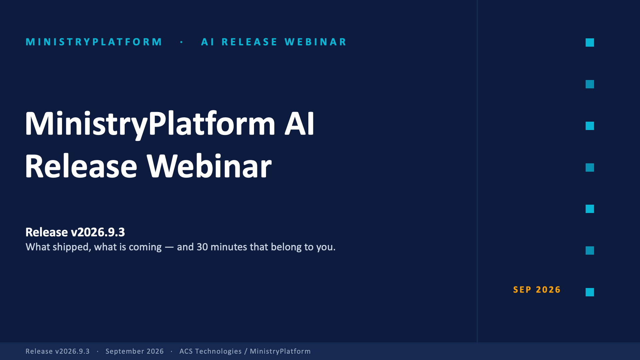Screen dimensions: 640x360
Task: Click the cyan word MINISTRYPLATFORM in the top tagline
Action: coord(94,42)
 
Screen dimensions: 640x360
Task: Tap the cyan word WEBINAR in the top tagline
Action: coord(315,42)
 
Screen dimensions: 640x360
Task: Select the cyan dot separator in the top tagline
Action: coord(182,42)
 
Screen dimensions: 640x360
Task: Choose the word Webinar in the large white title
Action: coord(209,166)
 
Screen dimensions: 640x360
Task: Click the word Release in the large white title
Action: coord(81,166)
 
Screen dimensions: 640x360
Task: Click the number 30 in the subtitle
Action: coord(202,247)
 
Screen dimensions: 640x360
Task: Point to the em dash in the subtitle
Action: coord(169,247)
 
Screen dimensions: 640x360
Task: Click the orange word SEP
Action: coord(522,290)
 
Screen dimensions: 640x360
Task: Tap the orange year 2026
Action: coord(548,290)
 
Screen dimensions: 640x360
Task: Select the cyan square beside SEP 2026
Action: coord(590,292)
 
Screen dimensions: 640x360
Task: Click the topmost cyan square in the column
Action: coord(590,43)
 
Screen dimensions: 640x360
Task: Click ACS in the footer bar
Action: coord(186,351)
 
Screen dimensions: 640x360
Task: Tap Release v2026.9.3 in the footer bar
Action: coord(58,351)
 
